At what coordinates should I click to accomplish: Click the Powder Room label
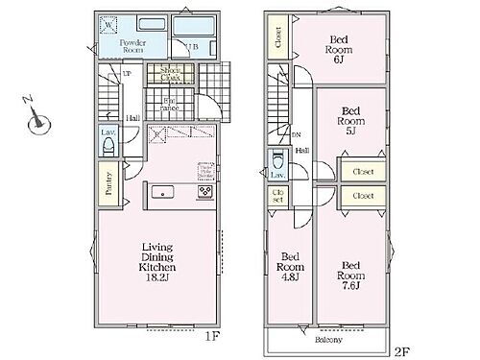coord(132,48)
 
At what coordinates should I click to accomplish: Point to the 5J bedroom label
coord(349,121)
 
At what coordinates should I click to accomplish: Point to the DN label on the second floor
coord(296,135)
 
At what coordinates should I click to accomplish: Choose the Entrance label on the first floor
coord(169,102)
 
